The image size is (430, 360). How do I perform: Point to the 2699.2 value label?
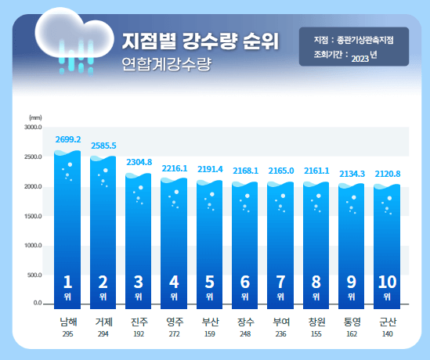tap(68, 139)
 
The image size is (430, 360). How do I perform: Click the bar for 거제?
tap(103, 227)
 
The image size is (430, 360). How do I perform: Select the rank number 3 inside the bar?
tap(139, 283)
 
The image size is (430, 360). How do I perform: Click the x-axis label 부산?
tap(209, 321)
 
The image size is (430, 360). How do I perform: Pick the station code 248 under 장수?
tap(245, 333)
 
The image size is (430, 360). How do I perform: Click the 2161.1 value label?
tap(316, 171)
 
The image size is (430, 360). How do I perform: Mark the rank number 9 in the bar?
tap(352, 283)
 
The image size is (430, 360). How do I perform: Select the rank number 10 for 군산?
tap(387, 283)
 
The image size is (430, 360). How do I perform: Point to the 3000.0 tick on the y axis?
tap(32, 127)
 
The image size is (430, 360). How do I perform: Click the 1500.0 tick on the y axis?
tap(32, 215)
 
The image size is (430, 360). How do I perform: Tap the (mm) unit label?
tap(35, 117)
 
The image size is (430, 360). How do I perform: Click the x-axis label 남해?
tap(68, 321)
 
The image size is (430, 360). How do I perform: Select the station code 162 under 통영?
tap(352, 333)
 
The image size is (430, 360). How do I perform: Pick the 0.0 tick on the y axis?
tap(37, 303)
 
